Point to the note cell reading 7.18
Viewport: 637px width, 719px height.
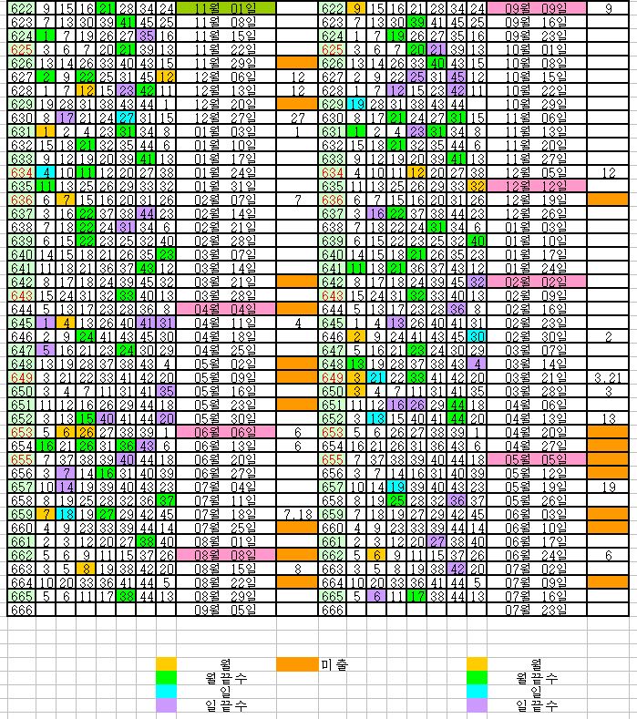click(x=298, y=514)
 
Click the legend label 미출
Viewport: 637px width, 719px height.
click(x=334, y=664)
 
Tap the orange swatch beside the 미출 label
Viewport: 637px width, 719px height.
click(x=297, y=664)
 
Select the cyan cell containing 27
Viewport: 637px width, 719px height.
click(x=126, y=118)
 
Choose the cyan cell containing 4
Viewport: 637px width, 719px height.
click(x=45, y=172)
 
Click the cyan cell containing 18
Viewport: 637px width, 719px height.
click(x=65, y=514)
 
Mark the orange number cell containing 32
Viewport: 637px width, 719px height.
click(x=477, y=186)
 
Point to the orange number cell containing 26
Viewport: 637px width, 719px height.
click(x=85, y=431)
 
